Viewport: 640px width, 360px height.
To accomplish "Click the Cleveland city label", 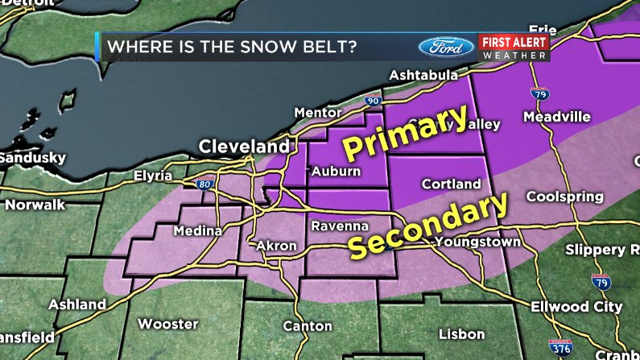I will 244,147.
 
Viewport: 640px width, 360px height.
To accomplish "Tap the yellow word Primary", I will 407,134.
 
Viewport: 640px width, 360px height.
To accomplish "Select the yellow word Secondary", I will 430,226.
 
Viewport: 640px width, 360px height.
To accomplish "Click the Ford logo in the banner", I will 445,46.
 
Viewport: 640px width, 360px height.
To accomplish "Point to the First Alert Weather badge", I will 514,47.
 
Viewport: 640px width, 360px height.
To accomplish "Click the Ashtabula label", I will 423,76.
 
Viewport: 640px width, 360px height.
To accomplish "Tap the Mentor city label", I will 313,112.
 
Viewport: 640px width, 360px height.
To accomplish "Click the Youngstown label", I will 473,242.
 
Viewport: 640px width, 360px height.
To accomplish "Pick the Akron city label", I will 277,246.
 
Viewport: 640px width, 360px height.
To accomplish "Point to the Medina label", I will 198,231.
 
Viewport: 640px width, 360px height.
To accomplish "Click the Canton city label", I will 308,326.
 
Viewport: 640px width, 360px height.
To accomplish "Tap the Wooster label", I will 167,324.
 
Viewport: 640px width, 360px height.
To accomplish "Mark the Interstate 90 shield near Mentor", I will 372,101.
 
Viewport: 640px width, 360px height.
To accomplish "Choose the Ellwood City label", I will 576,307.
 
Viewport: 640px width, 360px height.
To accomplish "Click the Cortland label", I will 452,184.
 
